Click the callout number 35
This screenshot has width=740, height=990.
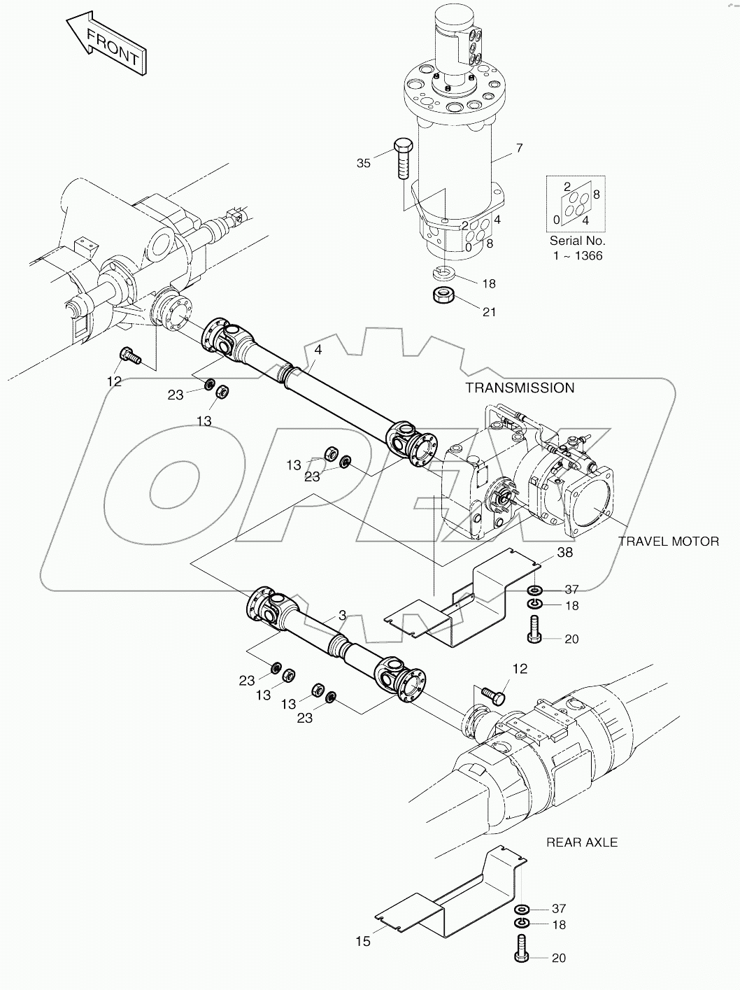364,163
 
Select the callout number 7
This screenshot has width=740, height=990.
519,148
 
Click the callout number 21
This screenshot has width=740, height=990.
489,311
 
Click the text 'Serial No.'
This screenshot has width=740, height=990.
577,240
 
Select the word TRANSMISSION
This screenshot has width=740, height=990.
520,388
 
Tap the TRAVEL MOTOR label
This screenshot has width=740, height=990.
668,541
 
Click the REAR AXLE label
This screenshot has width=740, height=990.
582,842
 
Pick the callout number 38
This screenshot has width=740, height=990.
565,552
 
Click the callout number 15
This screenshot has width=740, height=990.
362,942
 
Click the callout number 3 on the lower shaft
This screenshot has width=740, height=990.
341,616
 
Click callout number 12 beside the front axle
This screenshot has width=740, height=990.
114,381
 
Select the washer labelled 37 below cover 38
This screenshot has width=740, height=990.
534,590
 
